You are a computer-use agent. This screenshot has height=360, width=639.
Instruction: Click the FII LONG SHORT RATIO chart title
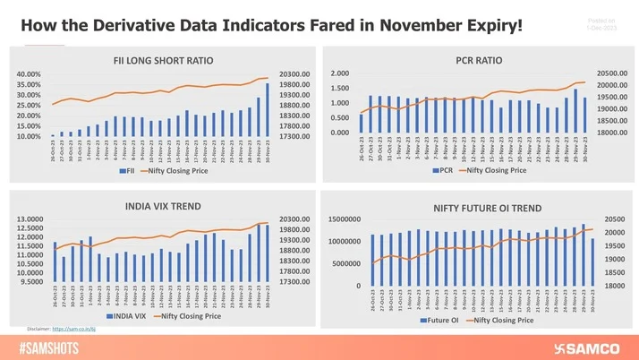pos(163,61)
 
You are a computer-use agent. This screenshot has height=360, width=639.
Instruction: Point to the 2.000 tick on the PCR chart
pos(339,73)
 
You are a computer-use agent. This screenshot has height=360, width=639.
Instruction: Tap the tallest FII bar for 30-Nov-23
pos(267,109)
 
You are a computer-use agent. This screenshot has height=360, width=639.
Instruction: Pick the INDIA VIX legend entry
pos(125,315)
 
